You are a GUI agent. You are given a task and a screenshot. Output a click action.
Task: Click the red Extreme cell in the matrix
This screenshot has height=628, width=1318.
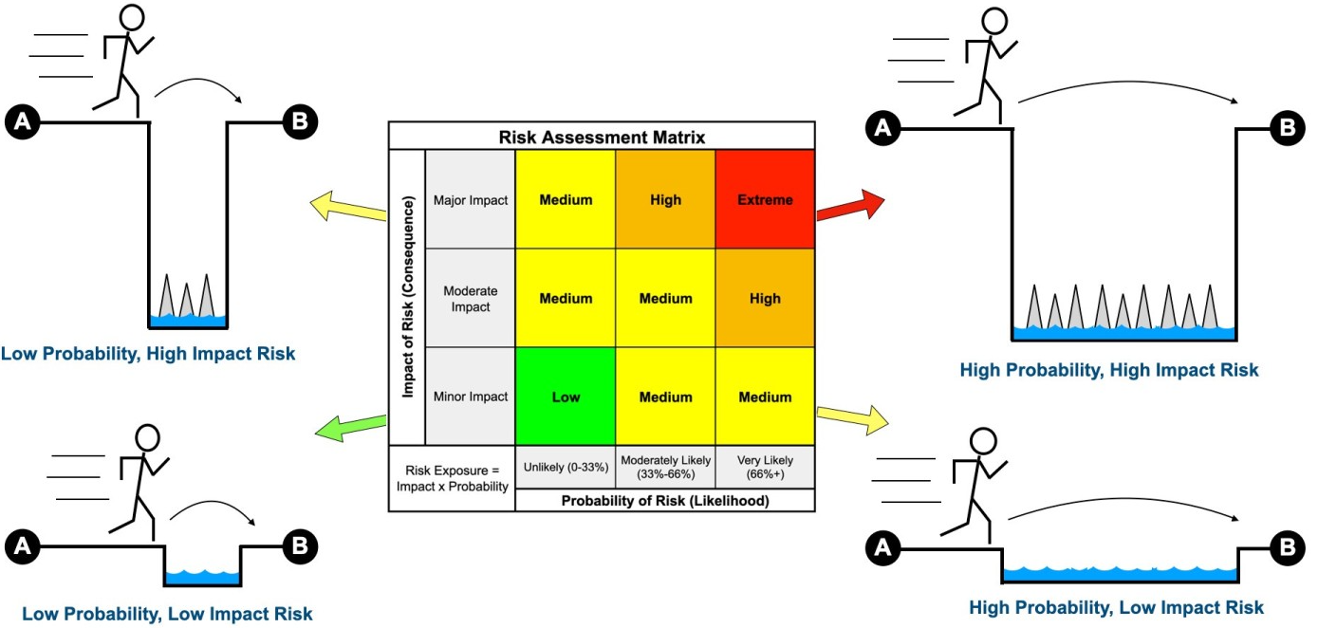point(765,200)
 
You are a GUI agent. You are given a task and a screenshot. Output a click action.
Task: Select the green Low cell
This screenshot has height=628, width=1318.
point(566,397)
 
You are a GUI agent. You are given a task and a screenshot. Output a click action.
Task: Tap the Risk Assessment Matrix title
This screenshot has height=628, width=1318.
point(602,137)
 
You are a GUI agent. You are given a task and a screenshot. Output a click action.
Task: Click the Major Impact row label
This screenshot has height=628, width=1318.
point(470,200)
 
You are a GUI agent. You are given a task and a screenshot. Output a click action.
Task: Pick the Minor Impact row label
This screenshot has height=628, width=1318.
point(470,397)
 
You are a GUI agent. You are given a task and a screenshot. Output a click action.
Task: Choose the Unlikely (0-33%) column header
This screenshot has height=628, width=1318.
point(566,467)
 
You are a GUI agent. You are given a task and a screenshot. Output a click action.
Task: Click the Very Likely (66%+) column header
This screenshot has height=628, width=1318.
point(765,467)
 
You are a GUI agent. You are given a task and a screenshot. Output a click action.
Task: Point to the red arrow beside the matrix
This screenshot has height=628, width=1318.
point(849,203)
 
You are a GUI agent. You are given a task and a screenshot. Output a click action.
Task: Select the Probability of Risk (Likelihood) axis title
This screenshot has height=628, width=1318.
point(664,500)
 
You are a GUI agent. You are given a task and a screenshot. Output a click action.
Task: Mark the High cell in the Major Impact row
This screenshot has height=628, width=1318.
point(665,200)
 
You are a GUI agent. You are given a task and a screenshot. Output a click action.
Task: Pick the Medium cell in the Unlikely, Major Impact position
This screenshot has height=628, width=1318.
point(566,200)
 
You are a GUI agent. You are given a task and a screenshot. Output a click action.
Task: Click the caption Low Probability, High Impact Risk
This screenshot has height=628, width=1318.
point(147,355)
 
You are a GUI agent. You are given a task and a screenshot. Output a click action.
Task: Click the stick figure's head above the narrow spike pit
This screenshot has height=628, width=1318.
point(132,16)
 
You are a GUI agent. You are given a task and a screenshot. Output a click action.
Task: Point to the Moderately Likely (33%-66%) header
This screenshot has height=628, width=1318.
point(665,467)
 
